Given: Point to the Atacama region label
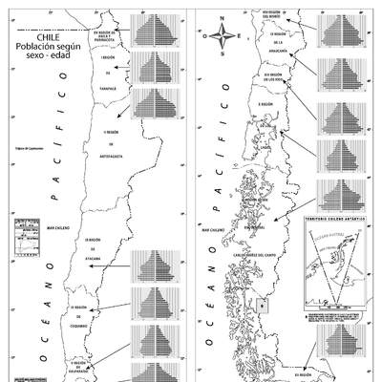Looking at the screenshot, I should click(x=93, y=248).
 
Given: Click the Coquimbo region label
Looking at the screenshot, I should click(x=83, y=316).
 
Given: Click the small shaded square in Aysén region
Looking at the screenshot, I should click(x=264, y=306).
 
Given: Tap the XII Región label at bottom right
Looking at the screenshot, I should click(x=303, y=375).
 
